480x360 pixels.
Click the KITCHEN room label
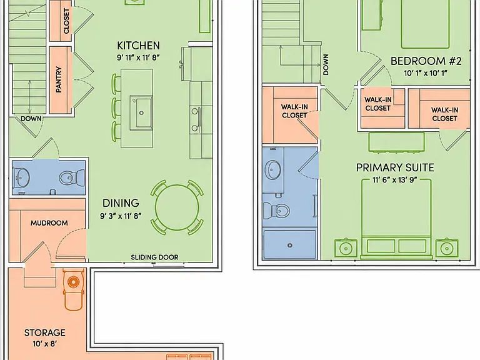pyautogui.click(x=138, y=46)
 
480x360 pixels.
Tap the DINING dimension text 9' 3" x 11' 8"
pyautogui.click(x=121, y=216)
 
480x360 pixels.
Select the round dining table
pyautogui.click(x=177, y=207)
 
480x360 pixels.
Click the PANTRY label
pyautogui.click(x=59, y=79)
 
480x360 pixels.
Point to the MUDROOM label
pyautogui.click(x=49, y=223)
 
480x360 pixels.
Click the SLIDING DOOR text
pyautogui.click(x=154, y=257)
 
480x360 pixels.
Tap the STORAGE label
pyautogui.click(x=45, y=332)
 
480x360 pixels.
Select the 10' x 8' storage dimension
pyautogui.click(x=45, y=344)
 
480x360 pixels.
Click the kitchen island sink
pyautogui.click(x=141, y=112)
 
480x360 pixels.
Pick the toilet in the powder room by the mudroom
pyautogui.click(x=71, y=177)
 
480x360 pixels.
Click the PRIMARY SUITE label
pyautogui.click(x=395, y=167)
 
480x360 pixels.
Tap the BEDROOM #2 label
pyautogui.click(x=426, y=61)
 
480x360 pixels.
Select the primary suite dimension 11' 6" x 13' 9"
pyautogui.click(x=395, y=180)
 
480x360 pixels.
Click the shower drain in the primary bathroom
pyautogui.click(x=289, y=245)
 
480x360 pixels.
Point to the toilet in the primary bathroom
pyautogui.click(x=277, y=211)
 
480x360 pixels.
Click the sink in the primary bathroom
pyautogui.click(x=273, y=169)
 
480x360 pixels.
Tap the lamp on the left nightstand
pyautogui.click(x=346, y=249)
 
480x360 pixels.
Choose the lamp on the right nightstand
pyautogui.click(x=447, y=249)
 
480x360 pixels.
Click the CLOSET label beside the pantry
pyautogui.click(x=66, y=21)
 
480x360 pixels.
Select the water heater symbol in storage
pyautogui.click(x=74, y=281)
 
